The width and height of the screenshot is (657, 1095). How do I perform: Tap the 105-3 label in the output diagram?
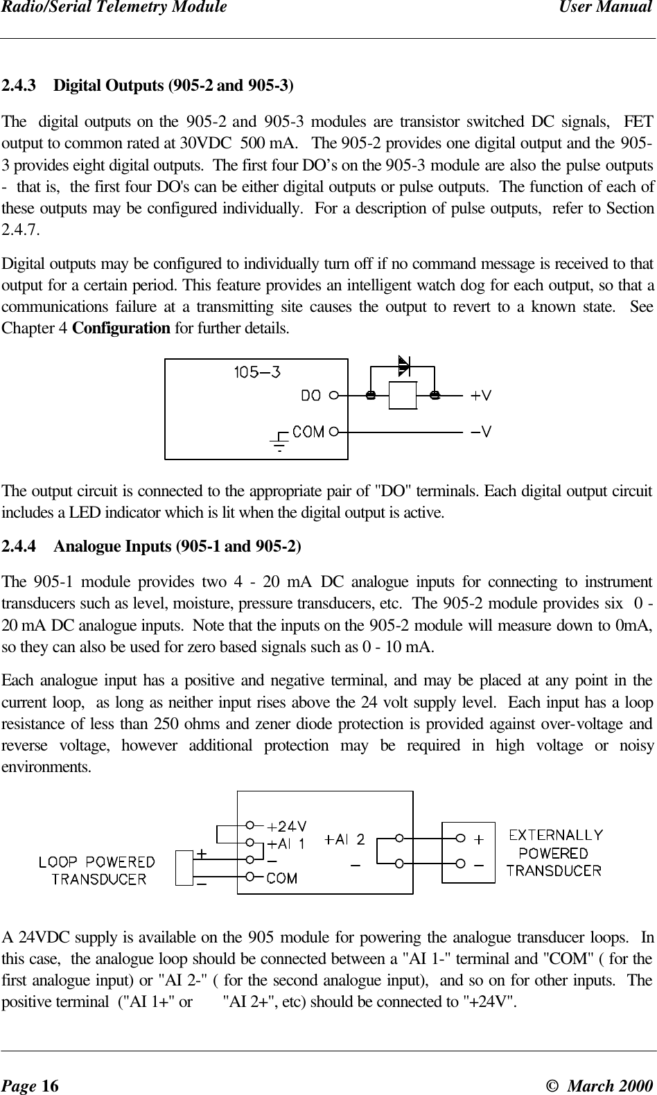click(257, 372)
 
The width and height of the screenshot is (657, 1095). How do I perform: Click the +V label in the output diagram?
click(482, 396)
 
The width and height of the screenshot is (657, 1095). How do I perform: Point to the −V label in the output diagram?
click(482, 432)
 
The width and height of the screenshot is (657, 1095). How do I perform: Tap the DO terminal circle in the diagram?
click(334, 396)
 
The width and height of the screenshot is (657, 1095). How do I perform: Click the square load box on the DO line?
click(403, 396)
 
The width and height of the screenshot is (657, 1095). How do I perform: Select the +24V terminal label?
click(288, 826)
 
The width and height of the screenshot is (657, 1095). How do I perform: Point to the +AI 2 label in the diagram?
click(344, 840)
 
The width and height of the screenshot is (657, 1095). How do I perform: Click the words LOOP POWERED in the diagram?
click(96, 863)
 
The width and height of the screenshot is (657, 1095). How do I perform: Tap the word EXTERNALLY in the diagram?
click(557, 835)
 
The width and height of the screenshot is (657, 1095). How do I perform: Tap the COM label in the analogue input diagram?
click(282, 879)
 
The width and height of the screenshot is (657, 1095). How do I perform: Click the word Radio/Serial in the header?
click(42, 8)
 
